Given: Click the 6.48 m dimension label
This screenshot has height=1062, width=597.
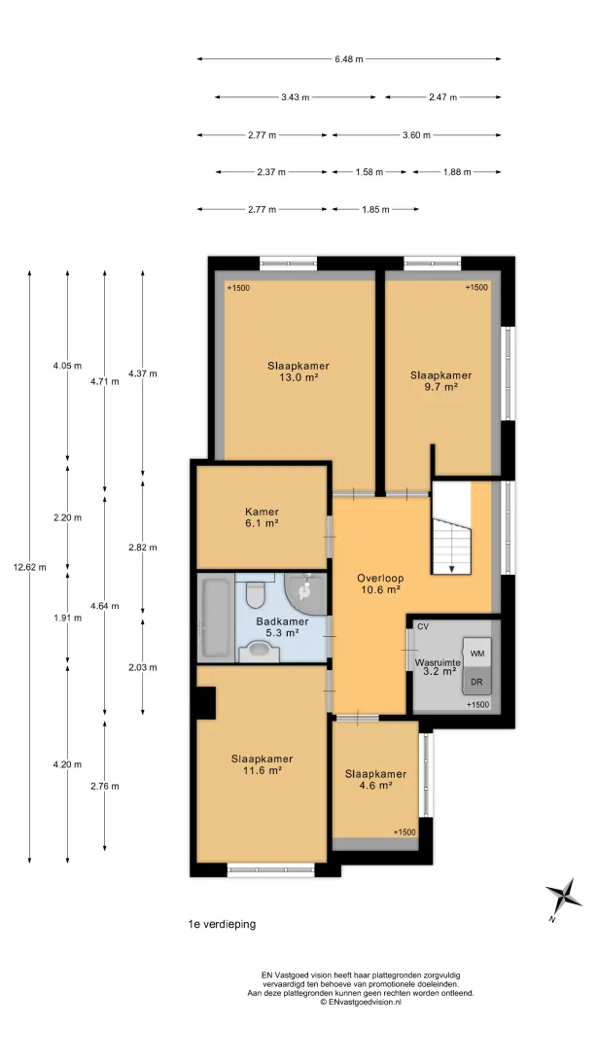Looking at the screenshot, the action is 349,59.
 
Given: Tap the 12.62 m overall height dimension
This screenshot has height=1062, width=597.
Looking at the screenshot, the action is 30,568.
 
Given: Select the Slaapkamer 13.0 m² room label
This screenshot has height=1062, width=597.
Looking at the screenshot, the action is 298,372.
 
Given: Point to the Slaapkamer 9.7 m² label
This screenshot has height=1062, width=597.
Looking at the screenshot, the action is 440,380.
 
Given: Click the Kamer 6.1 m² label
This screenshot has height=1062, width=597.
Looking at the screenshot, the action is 262,517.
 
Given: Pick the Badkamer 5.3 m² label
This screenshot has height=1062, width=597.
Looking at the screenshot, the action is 282,627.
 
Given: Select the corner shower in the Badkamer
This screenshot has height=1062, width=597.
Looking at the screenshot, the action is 306,594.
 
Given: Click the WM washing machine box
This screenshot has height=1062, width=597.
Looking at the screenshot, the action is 477,653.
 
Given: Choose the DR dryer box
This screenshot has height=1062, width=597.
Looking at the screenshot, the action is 477,682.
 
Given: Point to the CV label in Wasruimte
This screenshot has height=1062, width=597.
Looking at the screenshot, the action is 423,626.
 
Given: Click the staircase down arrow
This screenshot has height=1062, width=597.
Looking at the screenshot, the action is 451,566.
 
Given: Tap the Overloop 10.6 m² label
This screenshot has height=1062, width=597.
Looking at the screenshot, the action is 380,584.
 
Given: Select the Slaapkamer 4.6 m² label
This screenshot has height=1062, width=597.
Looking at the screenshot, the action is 375,780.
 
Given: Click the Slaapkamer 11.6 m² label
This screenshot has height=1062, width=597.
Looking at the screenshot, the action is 262,764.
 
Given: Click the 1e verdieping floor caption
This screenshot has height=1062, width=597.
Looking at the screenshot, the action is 222,924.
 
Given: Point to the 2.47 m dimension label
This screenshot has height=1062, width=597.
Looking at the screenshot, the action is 442,97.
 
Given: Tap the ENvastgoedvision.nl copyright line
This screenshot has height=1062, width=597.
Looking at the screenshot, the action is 361,1002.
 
